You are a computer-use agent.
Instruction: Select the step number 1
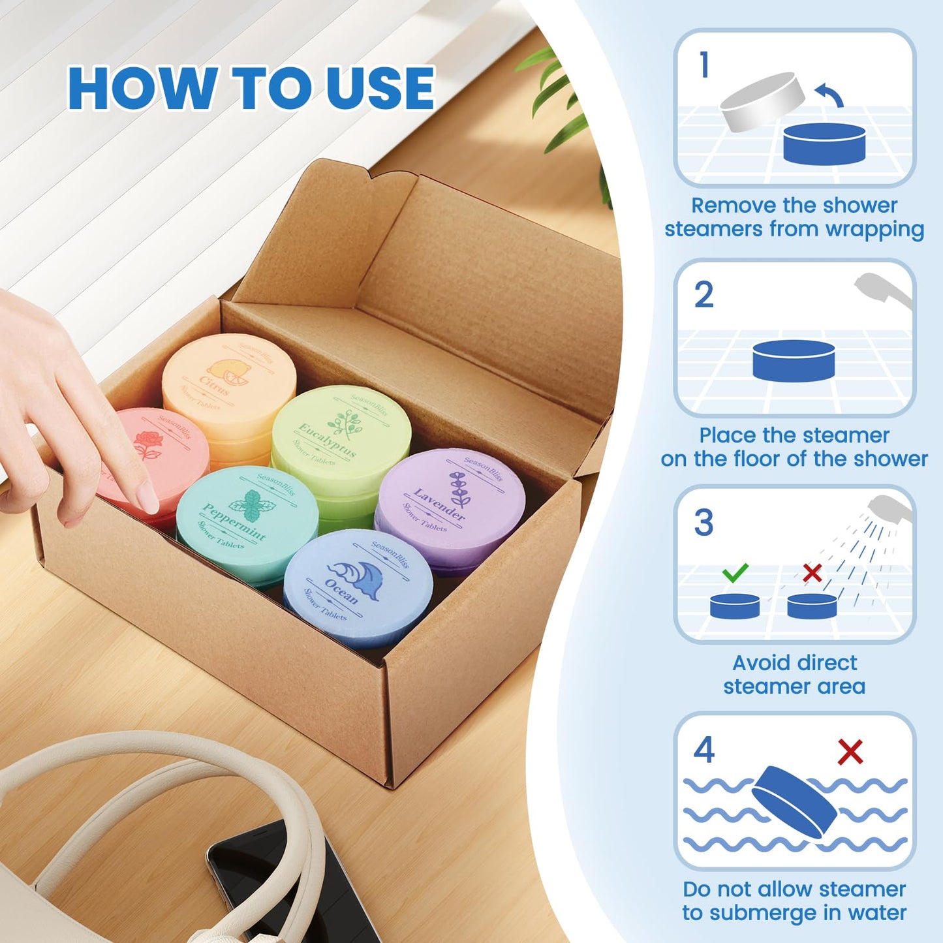tap(703, 65)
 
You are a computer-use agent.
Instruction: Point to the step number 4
tap(704, 750)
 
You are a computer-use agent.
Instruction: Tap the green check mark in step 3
tap(735, 573)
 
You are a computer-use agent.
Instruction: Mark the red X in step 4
tap(850, 752)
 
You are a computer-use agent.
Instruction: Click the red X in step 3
tap(812, 573)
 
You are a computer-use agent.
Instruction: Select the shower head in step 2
tap(882, 290)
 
